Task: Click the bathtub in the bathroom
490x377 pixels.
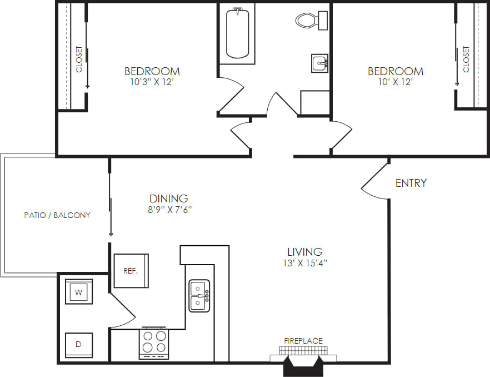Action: coord(237,32)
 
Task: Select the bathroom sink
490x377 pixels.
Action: coord(319,63)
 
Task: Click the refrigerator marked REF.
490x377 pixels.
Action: coord(131,271)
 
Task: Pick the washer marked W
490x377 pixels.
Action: coord(79,291)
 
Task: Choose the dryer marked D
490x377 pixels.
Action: coord(78,345)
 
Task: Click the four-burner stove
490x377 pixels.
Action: coord(154,341)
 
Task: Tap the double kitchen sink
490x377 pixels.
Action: coord(199,295)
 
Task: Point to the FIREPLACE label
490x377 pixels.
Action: coord(303,341)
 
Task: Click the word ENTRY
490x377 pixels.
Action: coord(411,183)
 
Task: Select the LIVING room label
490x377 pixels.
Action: coord(305,252)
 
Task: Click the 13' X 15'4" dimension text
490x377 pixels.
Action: coord(305,264)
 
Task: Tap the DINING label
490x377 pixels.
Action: coord(169,199)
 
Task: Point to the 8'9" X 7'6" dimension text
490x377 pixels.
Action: coord(169,210)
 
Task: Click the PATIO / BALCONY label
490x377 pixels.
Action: coord(57,215)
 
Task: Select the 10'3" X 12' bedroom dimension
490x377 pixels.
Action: coord(152,82)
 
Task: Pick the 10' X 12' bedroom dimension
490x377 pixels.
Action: coord(396,82)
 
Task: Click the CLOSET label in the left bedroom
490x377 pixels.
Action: coord(79,59)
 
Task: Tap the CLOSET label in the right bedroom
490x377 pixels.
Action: coord(466,59)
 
